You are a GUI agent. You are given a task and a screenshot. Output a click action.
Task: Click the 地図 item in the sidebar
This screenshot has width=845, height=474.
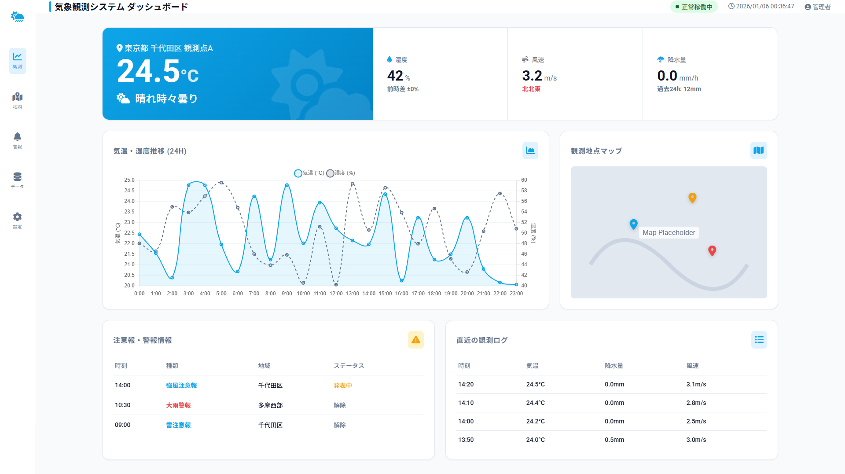[17, 100]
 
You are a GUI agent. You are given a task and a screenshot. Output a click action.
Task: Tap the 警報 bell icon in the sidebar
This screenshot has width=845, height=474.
[17, 137]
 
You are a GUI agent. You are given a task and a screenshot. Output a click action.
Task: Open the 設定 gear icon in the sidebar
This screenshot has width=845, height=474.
[17, 217]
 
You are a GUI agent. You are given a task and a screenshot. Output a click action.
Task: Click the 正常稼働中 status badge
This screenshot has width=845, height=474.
[694, 7]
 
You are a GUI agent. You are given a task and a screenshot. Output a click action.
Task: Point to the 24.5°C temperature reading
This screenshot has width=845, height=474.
[158, 72]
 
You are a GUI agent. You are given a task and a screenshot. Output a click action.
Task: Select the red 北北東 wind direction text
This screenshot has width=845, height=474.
[531, 89]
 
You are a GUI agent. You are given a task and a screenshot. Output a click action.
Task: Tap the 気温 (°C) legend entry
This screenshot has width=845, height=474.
[309, 173]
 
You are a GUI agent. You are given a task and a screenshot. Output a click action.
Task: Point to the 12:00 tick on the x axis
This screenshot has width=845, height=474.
[336, 294]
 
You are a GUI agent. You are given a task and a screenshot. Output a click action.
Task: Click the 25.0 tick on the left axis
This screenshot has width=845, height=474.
[129, 180]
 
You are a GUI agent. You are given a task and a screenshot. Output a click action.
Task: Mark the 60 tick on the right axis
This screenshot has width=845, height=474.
[524, 180]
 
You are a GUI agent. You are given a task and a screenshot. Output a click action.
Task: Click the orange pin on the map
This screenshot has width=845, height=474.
[692, 198]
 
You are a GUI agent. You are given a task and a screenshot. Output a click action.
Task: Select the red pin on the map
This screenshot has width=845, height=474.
[712, 250]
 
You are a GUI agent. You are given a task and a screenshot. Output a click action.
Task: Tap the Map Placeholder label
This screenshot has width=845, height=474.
[669, 232]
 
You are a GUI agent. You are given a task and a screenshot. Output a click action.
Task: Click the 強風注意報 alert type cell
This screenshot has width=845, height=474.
[181, 386]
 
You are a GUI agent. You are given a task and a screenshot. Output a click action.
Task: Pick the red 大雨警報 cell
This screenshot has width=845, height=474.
[178, 405]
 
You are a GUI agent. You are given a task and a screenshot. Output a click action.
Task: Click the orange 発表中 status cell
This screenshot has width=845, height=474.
[343, 386]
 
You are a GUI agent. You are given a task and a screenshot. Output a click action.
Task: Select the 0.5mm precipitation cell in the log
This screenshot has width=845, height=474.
[614, 440]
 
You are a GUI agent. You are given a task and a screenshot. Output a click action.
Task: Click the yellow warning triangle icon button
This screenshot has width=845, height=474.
[415, 340]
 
